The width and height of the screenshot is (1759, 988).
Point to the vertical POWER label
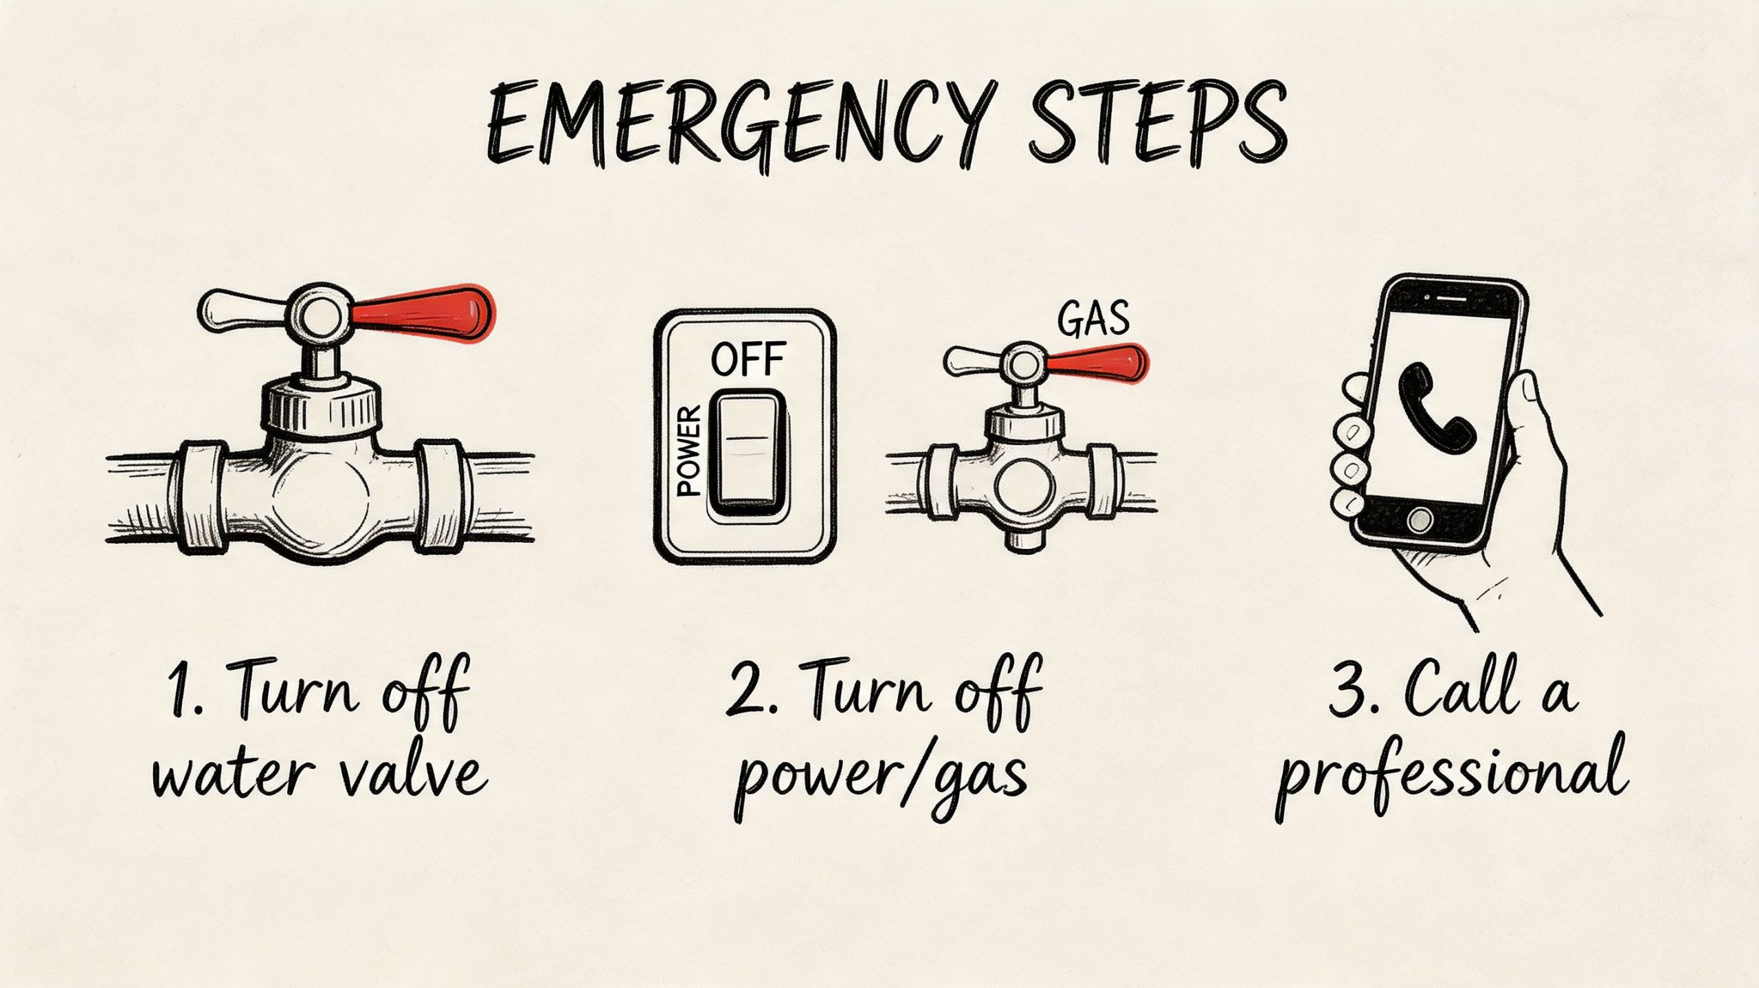pyautogui.click(x=688, y=450)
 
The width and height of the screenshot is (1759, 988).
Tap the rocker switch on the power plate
pyautogui.click(x=747, y=450)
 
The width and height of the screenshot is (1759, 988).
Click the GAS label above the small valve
pyautogui.click(x=1093, y=320)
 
